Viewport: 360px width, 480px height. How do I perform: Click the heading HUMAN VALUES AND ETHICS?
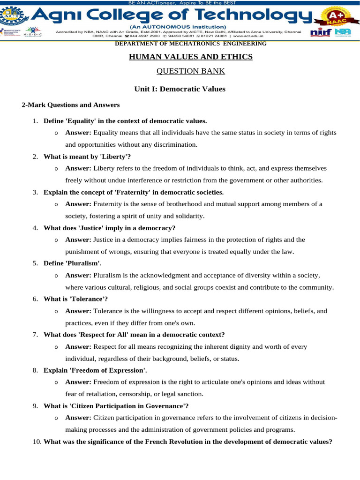click(191, 57)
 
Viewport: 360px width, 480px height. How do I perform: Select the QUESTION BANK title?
click(191, 71)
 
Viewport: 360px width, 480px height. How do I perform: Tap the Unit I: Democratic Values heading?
click(180, 89)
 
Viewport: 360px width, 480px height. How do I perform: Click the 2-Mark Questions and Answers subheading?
click(71, 105)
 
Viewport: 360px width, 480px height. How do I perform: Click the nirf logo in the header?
click(321, 32)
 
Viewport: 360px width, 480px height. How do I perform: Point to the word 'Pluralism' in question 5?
click(83, 263)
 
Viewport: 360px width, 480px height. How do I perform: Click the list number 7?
click(35, 334)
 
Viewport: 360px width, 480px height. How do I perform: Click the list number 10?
click(37, 441)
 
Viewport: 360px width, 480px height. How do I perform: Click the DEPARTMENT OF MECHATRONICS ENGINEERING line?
click(191, 44)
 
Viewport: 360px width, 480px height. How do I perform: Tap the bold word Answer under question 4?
click(78, 240)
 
